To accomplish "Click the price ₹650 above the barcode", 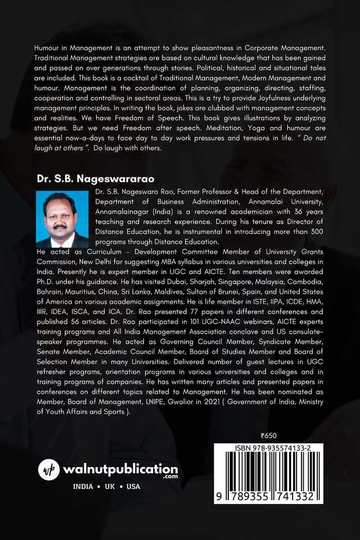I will pyautogui.click(x=269, y=435).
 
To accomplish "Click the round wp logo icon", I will pyautogui.click(x=49, y=469).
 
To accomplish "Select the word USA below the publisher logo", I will pyautogui.click(x=133, y=487).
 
